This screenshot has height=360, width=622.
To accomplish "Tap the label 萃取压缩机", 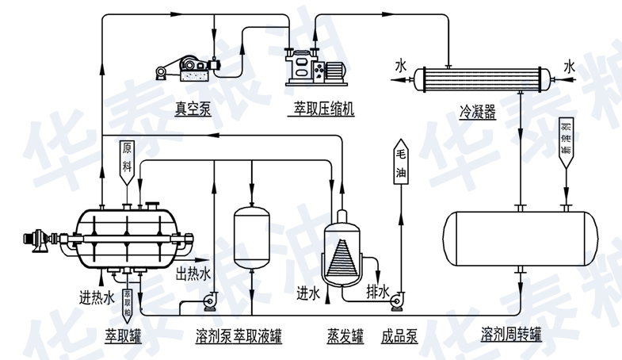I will pyautogui.click(x=319, y=109).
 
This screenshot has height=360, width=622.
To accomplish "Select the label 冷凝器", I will pyautogui.click(x=477, y=113).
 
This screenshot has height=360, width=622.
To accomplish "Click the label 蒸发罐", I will pyautogui.click(x=345, y=337).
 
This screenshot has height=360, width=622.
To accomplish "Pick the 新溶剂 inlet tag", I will pyautogui.click(x=565, y=140).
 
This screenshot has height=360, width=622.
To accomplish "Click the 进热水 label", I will pyautogui.click(x=97, y=297).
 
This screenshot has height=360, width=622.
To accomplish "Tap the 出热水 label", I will pyautogui.click(x=193, y=274).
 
